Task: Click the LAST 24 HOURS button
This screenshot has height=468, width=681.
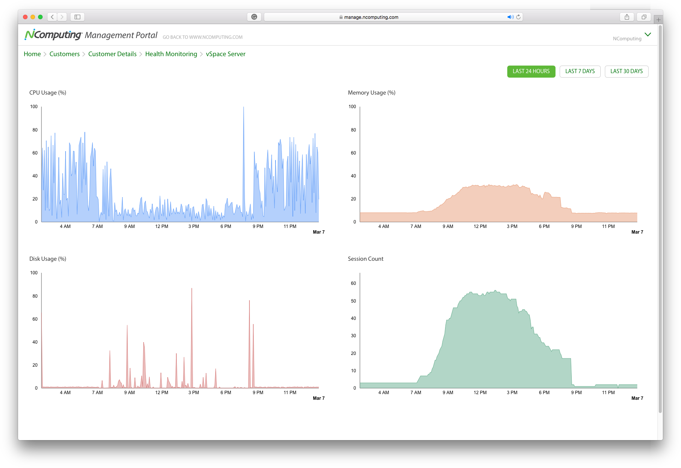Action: coord(531,71)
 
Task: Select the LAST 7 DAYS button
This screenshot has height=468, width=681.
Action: coord(580,71)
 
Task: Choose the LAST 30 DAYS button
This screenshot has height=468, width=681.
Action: coord(626,71)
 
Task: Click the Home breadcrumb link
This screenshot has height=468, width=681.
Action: coord(32,54)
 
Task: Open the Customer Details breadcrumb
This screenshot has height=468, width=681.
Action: coord(112,54)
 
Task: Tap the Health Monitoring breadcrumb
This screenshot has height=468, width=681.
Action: coord(171,54)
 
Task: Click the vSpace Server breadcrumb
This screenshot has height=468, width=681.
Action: coord(225,54)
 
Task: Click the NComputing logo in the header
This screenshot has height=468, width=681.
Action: coord(53,35)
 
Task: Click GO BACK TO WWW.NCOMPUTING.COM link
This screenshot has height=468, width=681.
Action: coord(202,37)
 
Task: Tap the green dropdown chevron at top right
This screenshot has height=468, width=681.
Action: coord(648,34)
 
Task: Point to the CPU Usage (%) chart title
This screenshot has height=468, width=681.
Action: coord(48,93)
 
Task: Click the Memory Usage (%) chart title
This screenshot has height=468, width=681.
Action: coord(372,93)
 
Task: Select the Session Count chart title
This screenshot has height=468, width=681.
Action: coord(366,259)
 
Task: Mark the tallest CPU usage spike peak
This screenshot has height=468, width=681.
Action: coord(243,107)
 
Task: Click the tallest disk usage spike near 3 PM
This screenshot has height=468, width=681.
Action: coord(192,289)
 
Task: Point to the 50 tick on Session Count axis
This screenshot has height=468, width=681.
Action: coord(354,301)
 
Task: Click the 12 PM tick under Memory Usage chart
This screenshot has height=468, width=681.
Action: coord(480,226)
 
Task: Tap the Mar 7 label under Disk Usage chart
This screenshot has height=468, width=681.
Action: coord(318,398)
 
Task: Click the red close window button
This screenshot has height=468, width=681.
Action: coord(25,17)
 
